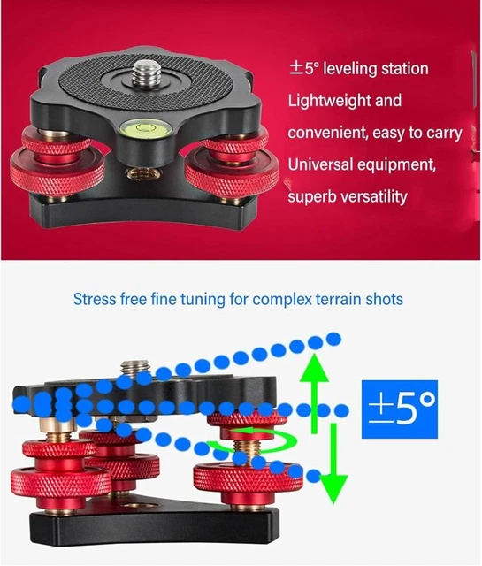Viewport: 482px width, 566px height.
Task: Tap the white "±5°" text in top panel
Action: [306, 69]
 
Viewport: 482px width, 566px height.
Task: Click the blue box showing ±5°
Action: [400, 408]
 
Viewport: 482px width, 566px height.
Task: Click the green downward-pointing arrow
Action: [333, 460]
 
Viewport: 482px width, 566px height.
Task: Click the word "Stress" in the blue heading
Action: [95, 300]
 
